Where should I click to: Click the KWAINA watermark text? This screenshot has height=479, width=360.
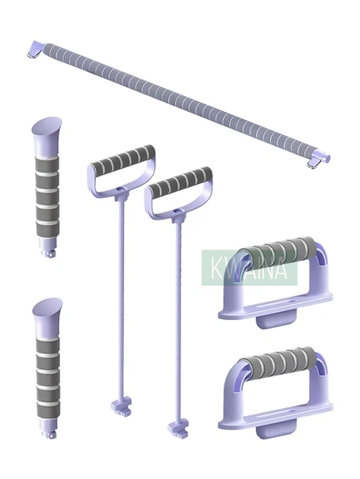coord(249,268)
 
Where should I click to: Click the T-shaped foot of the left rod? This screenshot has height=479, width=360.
coord(121,406)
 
